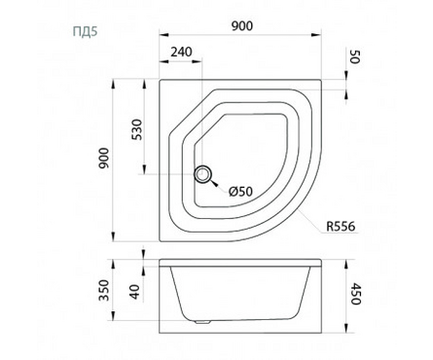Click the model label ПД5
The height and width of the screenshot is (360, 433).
click(85, 32)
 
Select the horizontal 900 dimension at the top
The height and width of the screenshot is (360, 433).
click(242, 25)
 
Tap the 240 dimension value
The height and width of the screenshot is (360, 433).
click(181, 52)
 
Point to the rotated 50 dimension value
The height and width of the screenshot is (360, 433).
click(354, 57)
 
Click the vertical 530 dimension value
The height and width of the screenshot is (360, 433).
click(138, 129)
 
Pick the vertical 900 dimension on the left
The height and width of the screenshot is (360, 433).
click(104, 158)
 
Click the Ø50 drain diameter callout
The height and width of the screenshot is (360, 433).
click(240, 192)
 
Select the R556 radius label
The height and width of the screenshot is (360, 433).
click(341, 226)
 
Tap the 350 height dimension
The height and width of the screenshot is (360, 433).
click(104, 290)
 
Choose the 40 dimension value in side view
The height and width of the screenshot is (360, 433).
click(135, 292)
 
